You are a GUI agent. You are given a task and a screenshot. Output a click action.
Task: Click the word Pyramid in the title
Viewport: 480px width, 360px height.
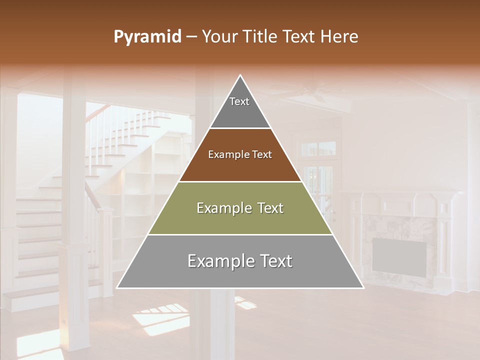(x=147, y=37)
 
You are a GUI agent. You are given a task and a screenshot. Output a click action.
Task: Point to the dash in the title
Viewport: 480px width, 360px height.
(x=191, y=37)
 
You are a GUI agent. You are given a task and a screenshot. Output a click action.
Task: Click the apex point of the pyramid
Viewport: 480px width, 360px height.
(x=240, y=75)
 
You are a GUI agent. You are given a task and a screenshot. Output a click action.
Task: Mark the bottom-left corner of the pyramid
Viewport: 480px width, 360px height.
(x=117, y=287)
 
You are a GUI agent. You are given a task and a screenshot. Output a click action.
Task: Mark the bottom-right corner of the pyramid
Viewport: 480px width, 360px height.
(x=363, y=287)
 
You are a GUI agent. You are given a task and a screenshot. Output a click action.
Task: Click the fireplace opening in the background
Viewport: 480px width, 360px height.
(x=399, y=257)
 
